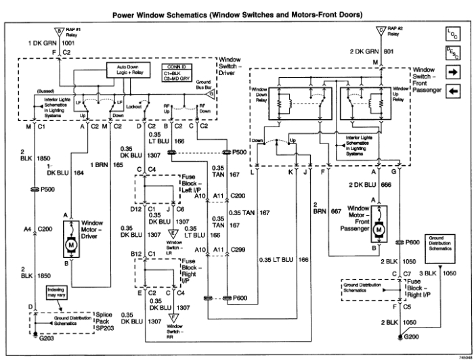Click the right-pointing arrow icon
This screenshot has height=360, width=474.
[452, 71]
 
